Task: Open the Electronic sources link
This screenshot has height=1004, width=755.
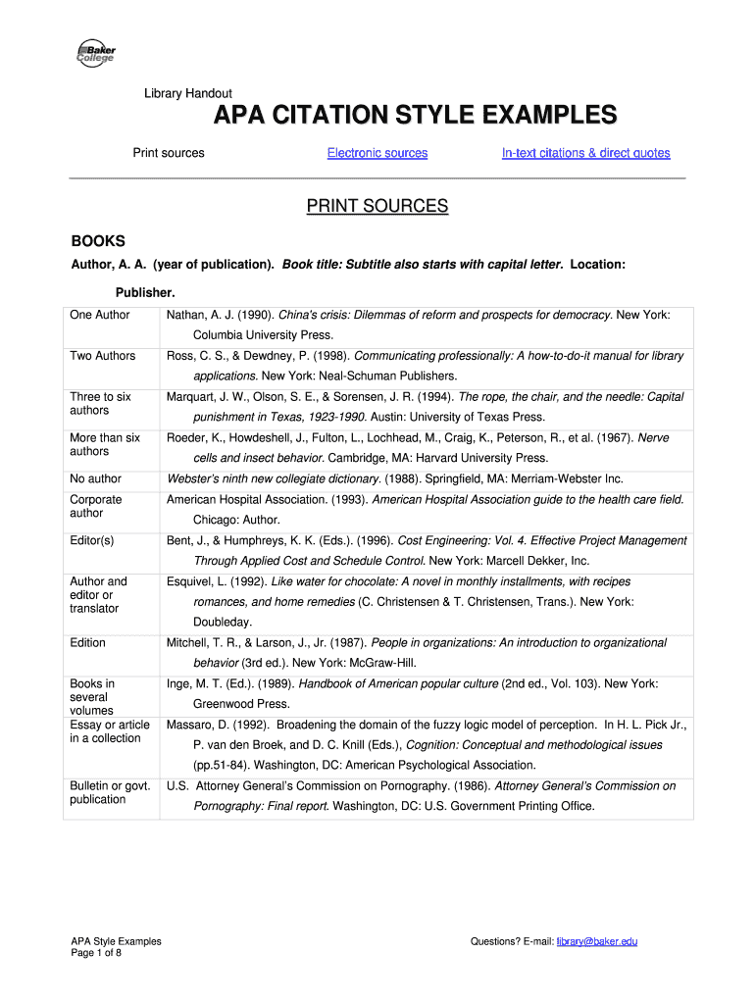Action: (377, 153)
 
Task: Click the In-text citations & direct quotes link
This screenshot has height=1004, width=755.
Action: (585, 153)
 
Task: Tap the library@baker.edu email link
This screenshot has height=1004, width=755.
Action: (597, 941)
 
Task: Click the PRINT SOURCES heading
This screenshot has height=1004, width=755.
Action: (377, 207)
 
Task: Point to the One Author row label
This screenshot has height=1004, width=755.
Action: (99, 315)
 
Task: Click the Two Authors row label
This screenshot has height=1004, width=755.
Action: (102, 356)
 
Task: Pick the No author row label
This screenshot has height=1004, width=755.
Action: (95, 479)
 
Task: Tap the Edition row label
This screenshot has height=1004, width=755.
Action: (88, 643)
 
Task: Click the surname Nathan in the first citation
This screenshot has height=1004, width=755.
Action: (185, 315)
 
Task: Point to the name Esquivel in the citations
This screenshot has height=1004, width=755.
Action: (190, 581)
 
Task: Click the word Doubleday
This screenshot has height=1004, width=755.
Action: (223, 622)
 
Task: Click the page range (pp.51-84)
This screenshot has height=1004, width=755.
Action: (226, 765)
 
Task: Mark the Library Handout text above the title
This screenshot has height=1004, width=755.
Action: (188, 94)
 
